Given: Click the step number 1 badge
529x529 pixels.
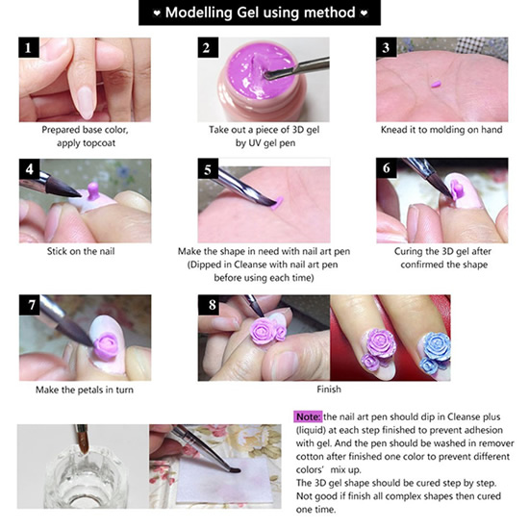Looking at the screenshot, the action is (x=29, y=47).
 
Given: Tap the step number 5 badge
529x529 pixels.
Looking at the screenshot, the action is (x=208, y=168).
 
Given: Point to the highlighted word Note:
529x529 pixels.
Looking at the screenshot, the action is (x=308, y=417).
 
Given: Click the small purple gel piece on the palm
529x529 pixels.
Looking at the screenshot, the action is (x=436, y=84).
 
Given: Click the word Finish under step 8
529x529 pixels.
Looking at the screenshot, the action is (x=329, y=390).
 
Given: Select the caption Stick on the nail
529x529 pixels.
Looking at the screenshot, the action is (x=81, y=251).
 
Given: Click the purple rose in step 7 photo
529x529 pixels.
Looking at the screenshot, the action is (x=105, y=344).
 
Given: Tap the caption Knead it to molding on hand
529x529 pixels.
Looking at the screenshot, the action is (x=441, y=130).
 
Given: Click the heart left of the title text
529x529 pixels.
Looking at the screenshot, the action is (x=157, y=13).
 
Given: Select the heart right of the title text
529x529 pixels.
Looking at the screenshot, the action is (x=364, y=13).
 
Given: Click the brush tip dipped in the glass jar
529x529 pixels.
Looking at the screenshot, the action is (x=84, y=443).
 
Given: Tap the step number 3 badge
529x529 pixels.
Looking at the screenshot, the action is (x=387, y=47).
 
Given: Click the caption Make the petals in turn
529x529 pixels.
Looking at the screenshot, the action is (x=85, y=390).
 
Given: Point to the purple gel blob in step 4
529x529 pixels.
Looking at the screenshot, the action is (x=92, y=190).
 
